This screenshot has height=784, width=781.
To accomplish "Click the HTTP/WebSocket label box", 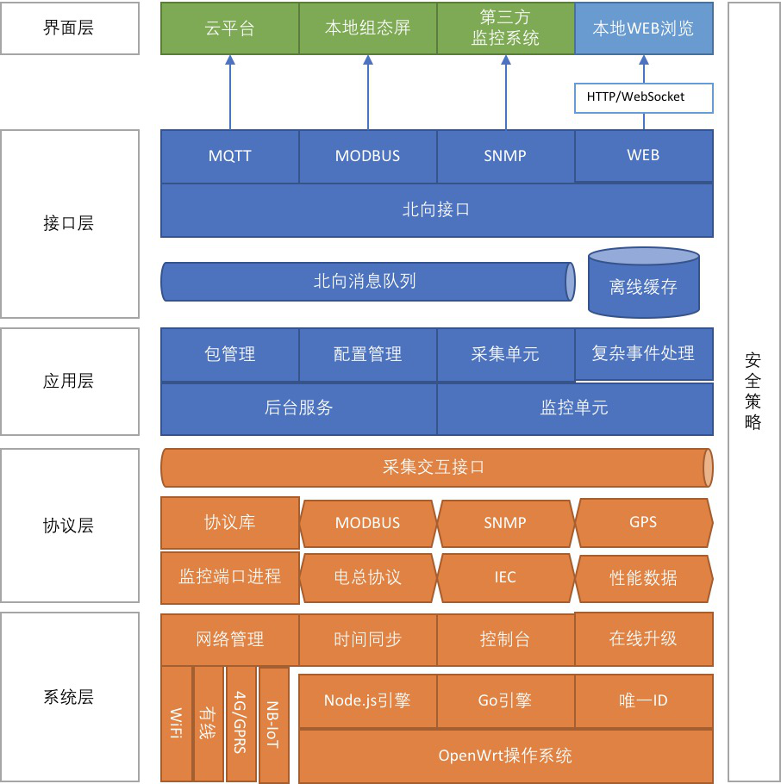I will click(643, 97).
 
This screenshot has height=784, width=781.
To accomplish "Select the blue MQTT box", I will click(230, 156).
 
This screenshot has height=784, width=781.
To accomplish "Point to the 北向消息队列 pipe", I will click(367, 282).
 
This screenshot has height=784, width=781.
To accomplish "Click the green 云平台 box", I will click(230, 28).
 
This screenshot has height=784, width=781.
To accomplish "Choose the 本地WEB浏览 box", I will click(643, 28).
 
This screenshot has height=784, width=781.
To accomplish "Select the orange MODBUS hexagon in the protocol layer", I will click(368, 522).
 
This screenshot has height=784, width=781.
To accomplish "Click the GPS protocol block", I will click(643, 522).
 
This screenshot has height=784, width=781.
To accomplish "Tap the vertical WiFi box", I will click(176, 723).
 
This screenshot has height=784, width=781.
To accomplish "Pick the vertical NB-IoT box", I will click(273, 725).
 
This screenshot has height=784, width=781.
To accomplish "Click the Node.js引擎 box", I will click(367, 700).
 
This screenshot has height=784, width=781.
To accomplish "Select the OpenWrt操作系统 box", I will click(505, 756).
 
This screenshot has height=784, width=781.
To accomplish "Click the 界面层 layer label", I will click(69, 28).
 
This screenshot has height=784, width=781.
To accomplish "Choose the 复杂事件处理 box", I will click(643, 353).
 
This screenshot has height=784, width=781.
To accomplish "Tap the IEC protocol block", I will click(505, 577).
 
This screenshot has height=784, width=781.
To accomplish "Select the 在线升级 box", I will click(643, 638).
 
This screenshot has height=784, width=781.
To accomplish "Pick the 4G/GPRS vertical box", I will click(241, 723).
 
